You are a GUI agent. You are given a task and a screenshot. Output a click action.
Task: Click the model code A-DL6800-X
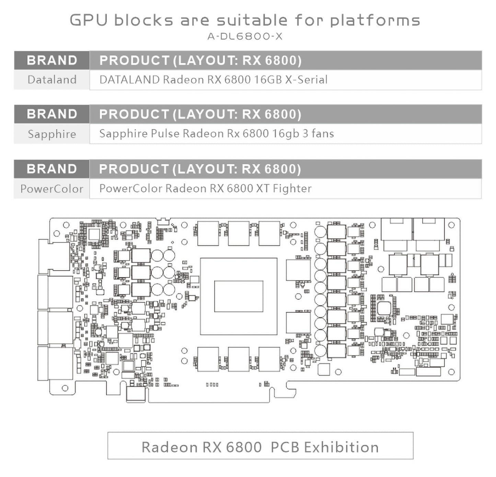(x=245, y=36)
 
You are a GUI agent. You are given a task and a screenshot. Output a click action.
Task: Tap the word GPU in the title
(x=89, y=20)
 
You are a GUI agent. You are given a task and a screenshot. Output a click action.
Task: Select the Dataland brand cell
(x=52, y=80)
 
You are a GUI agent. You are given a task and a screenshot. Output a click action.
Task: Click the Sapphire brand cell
(x=52, y=134)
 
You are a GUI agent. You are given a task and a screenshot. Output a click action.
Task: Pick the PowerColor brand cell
(x=52, y=189)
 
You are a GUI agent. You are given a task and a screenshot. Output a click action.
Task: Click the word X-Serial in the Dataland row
(x=306, y=80)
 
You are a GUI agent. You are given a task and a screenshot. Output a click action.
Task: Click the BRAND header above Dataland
(x=52, y=60)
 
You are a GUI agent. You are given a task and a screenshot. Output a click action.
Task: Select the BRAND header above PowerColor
(x=52, y=169)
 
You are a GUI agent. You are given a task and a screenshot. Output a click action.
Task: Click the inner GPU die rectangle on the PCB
(x=239, y=296)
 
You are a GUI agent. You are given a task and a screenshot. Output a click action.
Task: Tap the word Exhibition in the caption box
(x=341, y=448)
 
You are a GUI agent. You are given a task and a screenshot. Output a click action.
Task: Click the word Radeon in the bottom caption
(x=170, y=448)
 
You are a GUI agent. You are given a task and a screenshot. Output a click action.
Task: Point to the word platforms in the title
(x=375, y=20)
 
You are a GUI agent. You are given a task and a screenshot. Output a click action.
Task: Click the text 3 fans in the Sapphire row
(x=318, y=133)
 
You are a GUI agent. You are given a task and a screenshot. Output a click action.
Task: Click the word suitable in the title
(x=252, y=20)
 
